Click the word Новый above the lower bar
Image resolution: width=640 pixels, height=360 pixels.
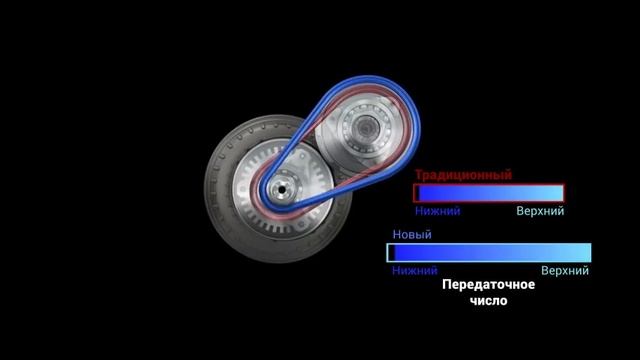tap(412, 235)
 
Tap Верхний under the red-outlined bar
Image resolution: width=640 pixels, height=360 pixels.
tap(540, 211)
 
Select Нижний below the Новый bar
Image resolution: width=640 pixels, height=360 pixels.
tap(415, 270)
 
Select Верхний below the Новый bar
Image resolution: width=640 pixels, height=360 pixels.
tap(565, 270)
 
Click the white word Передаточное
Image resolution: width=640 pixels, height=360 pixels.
tap(488, 285)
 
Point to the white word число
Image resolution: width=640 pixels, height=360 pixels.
tap(487, 300)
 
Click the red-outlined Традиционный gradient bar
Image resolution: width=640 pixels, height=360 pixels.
tap(489, 193)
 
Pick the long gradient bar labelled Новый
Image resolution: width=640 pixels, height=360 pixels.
tap(489, 252)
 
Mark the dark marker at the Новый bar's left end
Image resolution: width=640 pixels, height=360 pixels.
tap(392, 252)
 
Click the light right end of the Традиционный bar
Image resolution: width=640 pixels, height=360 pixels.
tap(555, 193)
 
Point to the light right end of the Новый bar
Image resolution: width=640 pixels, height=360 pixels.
tap(582, 252)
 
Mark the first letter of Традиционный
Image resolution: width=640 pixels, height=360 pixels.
tap(419, 174)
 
